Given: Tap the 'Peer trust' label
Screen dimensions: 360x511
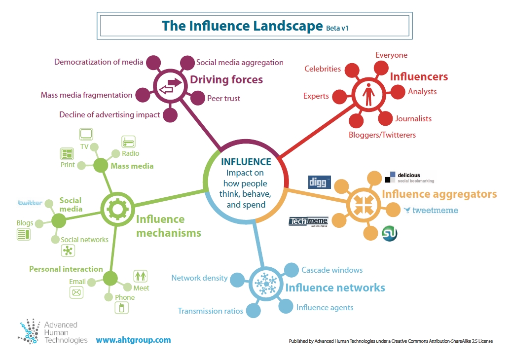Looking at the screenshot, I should point(223,99).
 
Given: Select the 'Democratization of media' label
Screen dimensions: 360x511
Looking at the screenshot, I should point(99,62).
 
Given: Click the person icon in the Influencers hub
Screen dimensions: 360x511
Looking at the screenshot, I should point(369,93).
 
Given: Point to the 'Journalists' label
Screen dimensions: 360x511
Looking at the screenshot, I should point(413,119).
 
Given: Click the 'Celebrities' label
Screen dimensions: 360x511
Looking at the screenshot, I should point(323,69).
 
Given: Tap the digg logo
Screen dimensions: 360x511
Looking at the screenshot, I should point(319,182).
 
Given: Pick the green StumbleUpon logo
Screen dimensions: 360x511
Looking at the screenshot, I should point(390,233).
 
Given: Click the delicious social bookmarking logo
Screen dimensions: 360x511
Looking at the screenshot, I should point(409,177).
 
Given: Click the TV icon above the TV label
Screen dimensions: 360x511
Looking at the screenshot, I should point(86,134).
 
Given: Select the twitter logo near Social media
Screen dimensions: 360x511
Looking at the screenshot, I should point(30,203).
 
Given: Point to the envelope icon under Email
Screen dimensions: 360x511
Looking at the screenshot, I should point(76,293).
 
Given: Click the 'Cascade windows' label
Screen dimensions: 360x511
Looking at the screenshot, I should point(332,270).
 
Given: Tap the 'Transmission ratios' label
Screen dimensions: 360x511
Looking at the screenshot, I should point(210,311).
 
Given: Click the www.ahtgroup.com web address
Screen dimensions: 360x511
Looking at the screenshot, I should point(133,340).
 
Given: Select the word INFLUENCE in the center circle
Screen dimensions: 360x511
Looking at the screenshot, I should point(246,162).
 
